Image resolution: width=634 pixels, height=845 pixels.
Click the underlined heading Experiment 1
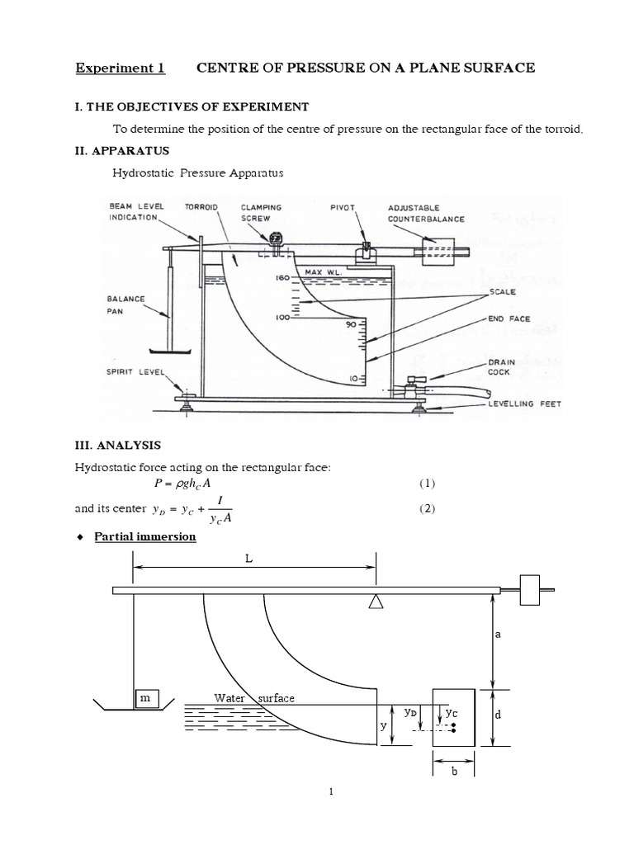click(x=121, y=68)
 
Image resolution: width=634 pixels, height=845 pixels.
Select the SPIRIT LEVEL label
click(x=136, y=371)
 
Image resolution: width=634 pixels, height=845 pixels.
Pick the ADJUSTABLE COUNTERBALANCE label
click(x=426, y=213)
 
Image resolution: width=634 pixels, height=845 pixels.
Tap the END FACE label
click(x=507, y=318)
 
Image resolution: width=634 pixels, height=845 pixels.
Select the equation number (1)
click(x=426, y=483)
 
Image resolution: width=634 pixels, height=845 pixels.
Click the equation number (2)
click(x=426, y=508)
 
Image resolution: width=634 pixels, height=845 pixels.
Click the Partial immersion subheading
click(x=156, y=537)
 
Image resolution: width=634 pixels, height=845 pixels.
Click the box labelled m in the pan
click(x=147, y=698)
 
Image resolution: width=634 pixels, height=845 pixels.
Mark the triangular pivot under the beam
click(x=376, y=602)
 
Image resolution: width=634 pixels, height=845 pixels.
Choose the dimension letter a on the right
click(x=499, y=636)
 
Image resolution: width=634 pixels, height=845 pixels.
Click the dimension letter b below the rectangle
click(x=453, y=772)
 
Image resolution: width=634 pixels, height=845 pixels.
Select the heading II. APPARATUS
click(x=122, y=151)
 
